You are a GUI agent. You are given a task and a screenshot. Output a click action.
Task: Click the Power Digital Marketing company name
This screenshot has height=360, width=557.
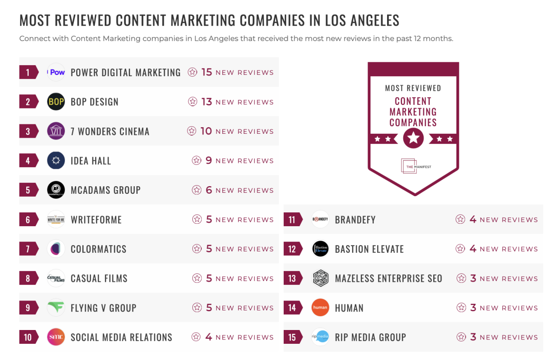pos(125,72)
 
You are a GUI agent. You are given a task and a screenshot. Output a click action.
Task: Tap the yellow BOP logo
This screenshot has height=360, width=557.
pos(56,102)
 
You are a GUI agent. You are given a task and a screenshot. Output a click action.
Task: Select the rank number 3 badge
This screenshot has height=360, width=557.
pos(28,131)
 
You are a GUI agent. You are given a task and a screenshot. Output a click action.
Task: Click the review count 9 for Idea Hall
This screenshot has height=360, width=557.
pos(209,160)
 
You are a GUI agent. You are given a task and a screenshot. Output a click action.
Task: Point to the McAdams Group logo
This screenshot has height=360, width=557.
pos(56,190)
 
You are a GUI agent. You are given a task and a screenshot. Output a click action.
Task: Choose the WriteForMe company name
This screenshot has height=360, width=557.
pos(96,220)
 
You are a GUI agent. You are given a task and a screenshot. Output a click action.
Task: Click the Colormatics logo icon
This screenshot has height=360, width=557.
pos(56,249)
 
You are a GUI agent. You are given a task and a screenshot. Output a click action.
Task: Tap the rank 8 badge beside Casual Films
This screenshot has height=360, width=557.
pos(28,279)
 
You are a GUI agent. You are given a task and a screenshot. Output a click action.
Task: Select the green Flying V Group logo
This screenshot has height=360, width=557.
pos(56,308)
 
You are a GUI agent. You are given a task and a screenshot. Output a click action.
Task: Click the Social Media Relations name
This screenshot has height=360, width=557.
pos(121,337)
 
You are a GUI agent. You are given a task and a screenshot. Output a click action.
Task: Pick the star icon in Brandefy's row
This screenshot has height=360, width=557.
pos(460,220)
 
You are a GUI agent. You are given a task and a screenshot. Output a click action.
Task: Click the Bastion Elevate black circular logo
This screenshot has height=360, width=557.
pos(320,249)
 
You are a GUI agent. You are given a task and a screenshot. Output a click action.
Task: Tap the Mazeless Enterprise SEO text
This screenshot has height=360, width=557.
pos(388,279)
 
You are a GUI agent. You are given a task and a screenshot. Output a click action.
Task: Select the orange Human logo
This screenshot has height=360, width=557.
pos(320,308)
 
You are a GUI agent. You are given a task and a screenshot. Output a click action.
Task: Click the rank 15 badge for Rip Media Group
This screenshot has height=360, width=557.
pos(292,337)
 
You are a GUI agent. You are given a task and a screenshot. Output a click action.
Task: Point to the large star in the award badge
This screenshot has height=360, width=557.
pos(413,139)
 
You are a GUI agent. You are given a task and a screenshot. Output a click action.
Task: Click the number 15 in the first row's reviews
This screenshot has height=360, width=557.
pos(206,72)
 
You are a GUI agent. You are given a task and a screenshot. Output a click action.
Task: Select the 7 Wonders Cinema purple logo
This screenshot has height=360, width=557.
pos(56,131)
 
